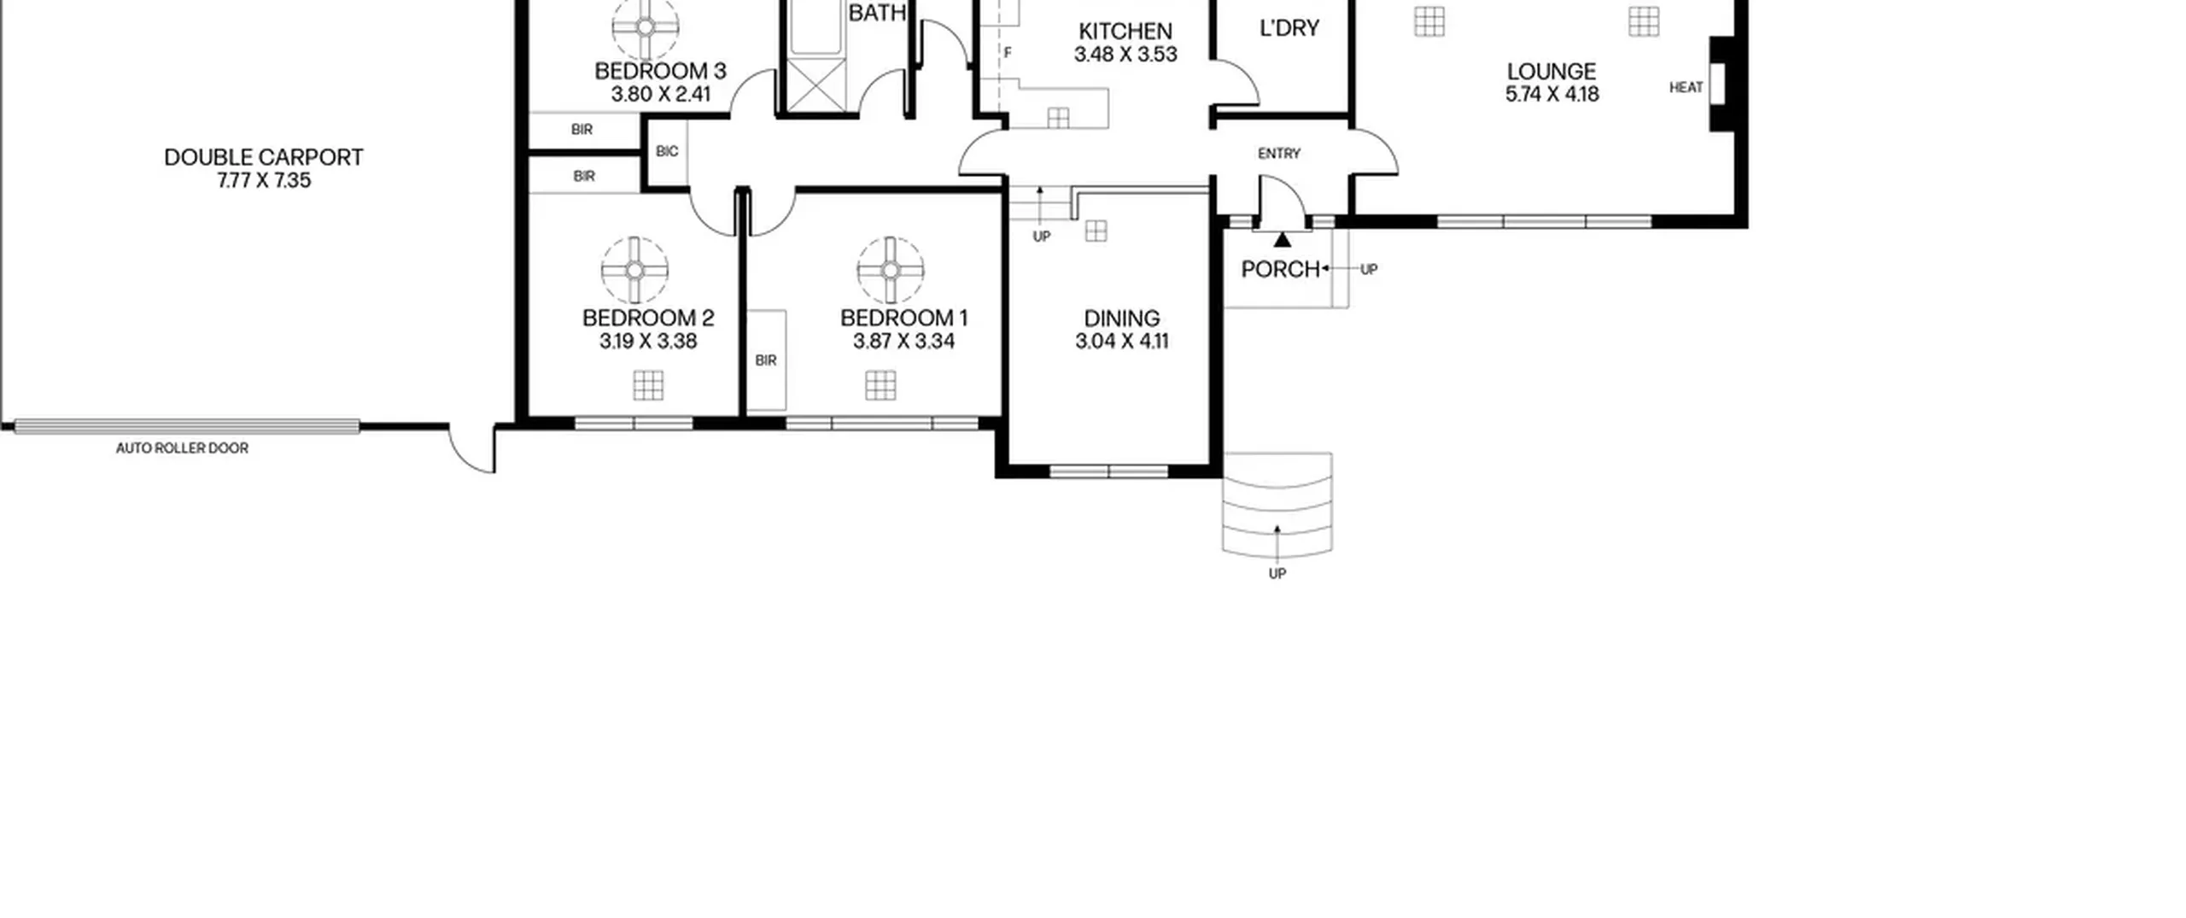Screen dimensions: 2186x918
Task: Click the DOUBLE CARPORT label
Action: (x=263, y=157)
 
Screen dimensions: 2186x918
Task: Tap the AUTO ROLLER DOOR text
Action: (x=182, y=448)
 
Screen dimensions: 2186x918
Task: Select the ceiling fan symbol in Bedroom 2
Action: (x=634, y=270)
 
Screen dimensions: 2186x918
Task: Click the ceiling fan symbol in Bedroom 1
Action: (x=891, y=270)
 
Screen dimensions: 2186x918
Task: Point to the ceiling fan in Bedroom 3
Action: (x=646, y=26)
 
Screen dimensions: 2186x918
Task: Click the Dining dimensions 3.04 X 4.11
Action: (x=1121, y=342)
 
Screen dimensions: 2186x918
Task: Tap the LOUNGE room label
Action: (x=1552, y=72)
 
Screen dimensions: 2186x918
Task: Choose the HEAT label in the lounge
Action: (x=1686, y=87)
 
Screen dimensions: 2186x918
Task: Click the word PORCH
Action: (x=1280, y=270)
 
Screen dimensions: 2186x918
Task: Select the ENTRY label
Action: (x=1279, y=154)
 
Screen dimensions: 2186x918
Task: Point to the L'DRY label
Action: (x=1289, y=28)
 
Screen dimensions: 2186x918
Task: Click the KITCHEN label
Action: (x=1125, y=32)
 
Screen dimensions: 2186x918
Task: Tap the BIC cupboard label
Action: (x=667, y=152)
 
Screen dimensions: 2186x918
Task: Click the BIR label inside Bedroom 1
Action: (x=766, y=360)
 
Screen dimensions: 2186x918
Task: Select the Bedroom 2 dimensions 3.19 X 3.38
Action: (x=648, y=342)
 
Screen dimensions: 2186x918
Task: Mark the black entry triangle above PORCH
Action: (x=1283, y=240)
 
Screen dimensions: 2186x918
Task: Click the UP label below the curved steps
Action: (x=1277, y=574)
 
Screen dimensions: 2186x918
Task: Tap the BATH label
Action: (x=877, y=13)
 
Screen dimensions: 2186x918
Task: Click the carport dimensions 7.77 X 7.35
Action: (x=264, y=181)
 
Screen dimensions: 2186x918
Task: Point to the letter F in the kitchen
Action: (x=1008, y=53)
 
